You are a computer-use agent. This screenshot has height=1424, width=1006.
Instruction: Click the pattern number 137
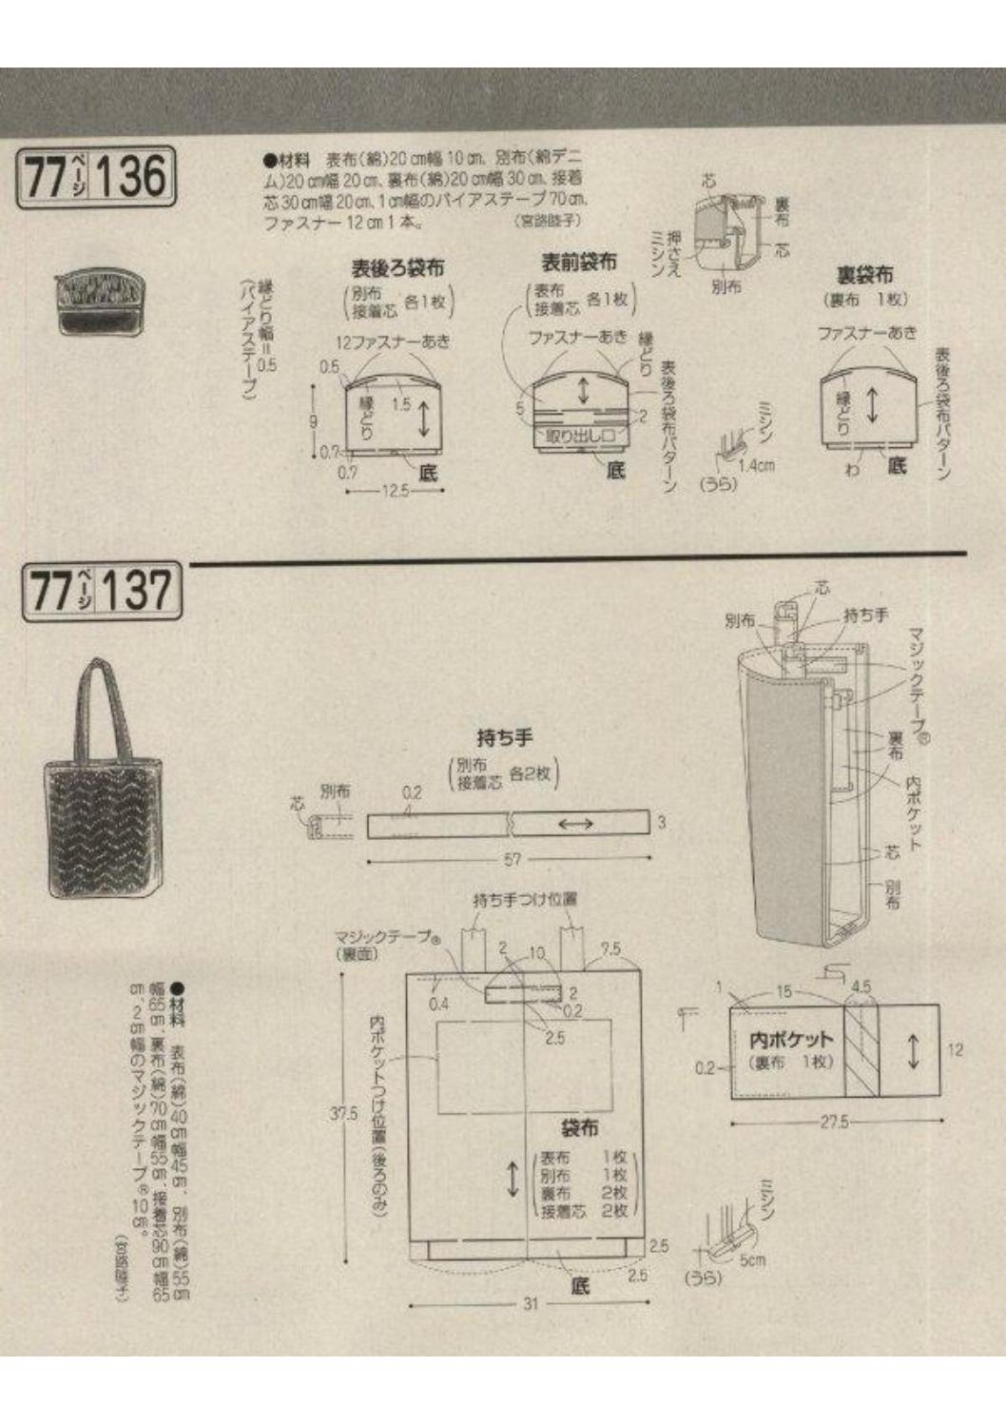pos(138,590)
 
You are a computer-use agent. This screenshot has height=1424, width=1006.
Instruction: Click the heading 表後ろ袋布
pos(397,268)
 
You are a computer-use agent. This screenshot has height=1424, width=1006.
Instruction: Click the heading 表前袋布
pos(578,262)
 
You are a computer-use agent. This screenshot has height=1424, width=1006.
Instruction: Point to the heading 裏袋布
pos(864,276)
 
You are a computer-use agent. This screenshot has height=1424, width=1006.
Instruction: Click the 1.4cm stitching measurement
pos(758,465)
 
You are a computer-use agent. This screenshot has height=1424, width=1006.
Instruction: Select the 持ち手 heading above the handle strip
pos(504,737)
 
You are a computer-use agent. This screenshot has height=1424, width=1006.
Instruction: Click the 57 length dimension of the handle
pos(513,860)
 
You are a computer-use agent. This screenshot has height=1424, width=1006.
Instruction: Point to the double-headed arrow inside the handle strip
pos(576,824)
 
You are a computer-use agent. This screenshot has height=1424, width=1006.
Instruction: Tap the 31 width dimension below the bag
pos(530,1304)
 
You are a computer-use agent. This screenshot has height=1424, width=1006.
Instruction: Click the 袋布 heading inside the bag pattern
pos(579,1128)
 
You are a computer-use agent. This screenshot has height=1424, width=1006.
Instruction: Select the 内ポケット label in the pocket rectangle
pos(790,1041)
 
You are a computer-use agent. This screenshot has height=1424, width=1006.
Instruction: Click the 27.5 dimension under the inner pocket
pos(834,1122)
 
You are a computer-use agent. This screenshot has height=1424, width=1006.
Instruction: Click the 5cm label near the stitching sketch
pos(753,1260)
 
